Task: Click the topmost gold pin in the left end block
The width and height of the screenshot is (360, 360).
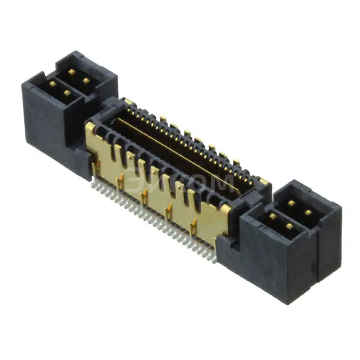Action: [71, 72]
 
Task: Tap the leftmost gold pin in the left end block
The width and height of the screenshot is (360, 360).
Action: [52, 84]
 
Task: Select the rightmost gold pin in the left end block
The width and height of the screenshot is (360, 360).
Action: [86, 81]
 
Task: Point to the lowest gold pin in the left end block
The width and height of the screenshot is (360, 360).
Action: [67, 93]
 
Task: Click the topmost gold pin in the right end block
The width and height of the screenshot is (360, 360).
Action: [291, 203]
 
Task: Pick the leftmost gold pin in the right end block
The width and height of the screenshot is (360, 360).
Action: [272, 215]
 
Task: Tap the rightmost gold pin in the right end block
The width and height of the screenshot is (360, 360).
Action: [308, 213]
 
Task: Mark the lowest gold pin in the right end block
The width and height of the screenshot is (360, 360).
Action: [289, 226]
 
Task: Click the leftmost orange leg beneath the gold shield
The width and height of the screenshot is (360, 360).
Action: [96, 167]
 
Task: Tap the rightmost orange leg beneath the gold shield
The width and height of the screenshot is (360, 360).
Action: [193, 228]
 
